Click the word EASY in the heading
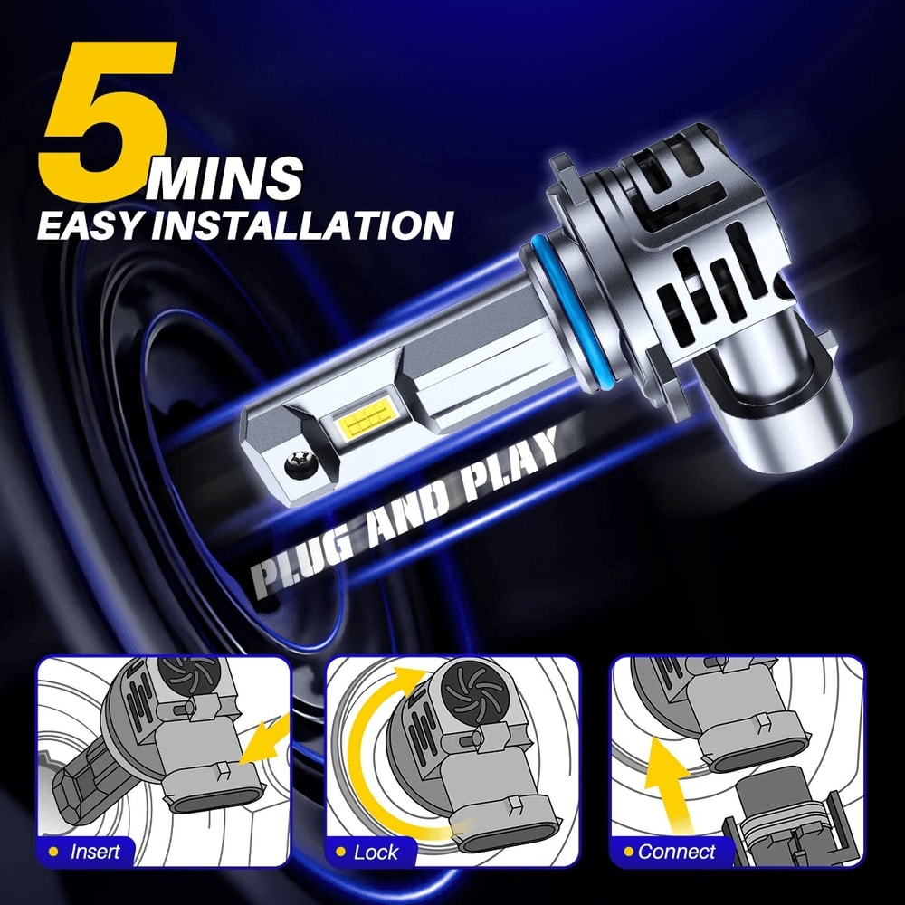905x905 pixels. pos(85,224)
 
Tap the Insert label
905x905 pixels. pos(93,851)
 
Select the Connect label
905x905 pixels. pos(675,851)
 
